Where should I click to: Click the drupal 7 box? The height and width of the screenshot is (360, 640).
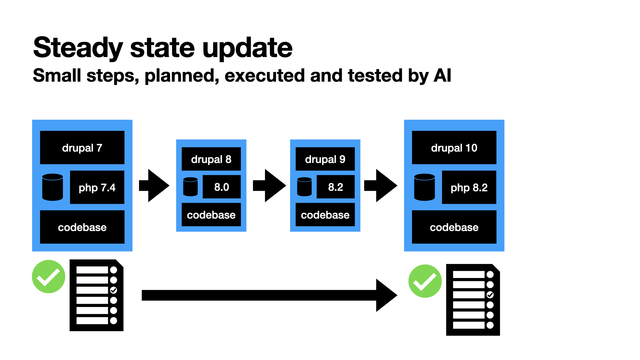pyautogui.click(x=82, y=147)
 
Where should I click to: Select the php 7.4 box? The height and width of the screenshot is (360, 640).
pyautogui.click(x=97, y=187)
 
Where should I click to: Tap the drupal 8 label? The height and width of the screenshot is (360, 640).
pyautogui.click(x=211, y=159)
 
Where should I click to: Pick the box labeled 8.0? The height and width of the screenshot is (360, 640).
pyautogui.click(x=222, y=187)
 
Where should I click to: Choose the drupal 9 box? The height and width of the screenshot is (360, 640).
pyautogui.click(x=325, y=159)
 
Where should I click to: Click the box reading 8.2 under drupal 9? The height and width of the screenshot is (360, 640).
pyautogui.click(x=336, y=187)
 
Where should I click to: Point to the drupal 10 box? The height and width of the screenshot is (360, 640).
pyautogui.click(x=454, y=147)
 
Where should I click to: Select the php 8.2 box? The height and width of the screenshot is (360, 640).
pyautogui.click(x=469, y=187)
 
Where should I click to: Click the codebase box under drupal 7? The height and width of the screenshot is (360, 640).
pyautogui.click(x=82, y=227)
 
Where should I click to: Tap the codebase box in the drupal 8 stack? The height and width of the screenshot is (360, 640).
pyautogui.click(x=211, y=215)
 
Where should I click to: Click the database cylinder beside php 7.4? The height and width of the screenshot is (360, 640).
pyautogui.click(x=53, y=187)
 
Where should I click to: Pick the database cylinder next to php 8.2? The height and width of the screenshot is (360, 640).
pyautogui.click(x=424, y=187)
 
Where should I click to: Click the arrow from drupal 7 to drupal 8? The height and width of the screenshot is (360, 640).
pyautogui.click(x=154, y=185)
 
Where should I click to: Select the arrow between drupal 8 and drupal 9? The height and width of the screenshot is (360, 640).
pyautogui.click(x=269, y=185)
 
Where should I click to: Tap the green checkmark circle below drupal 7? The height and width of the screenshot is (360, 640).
pyautogui.click(x=49, y=277)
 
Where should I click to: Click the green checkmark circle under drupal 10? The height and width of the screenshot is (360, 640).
pyautogui.click(x=425, y=281)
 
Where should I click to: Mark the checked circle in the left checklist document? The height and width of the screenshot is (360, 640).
pyautogui.click(x=114, y=290)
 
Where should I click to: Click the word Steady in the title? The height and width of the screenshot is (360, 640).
pyautogui.click(x=78, y=48)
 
